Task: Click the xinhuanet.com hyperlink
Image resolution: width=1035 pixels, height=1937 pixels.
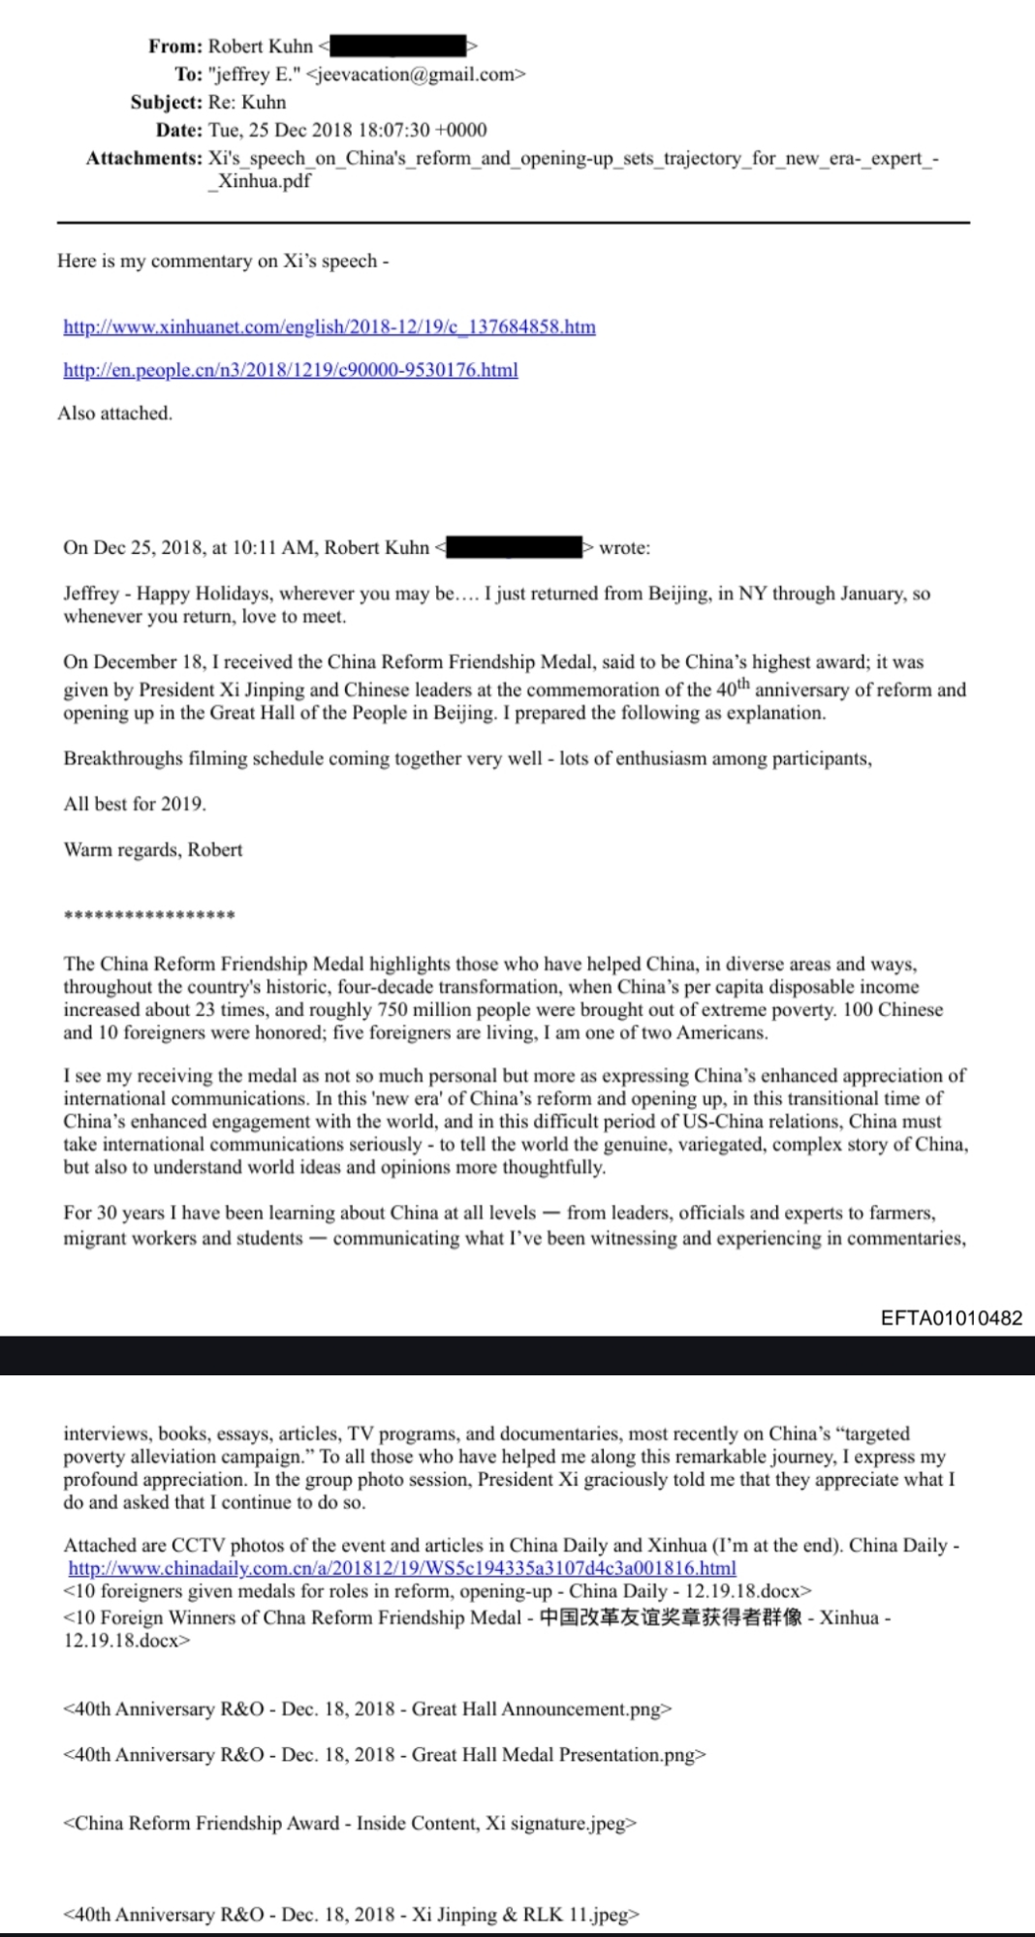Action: click(329, 327)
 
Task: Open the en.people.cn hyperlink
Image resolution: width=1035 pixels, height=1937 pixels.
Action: click(290, 370)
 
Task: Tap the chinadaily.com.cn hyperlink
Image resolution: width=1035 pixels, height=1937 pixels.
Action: click(401, 1568)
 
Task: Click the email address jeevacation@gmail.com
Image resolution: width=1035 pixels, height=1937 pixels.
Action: click(416, 74)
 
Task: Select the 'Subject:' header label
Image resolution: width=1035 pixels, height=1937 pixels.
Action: click(167, 102)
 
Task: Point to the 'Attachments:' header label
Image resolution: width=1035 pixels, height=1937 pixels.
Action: click(143, 158)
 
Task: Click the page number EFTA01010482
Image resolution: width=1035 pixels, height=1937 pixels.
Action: click(951, 1318)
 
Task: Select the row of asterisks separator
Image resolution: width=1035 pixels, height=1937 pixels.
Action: click(149, 915)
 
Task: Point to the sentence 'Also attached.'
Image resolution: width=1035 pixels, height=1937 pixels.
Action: click(114, 414)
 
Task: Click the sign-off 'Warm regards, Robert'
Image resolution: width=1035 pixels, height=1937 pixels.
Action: click(152, 850)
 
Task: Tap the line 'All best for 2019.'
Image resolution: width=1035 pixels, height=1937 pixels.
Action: click(135, 804)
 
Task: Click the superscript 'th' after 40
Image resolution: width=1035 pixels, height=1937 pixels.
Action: click(742, 685)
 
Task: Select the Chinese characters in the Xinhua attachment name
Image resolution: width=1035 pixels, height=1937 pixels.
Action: click(670, 1617)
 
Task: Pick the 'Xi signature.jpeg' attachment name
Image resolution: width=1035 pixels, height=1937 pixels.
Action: click(559, 1824)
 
